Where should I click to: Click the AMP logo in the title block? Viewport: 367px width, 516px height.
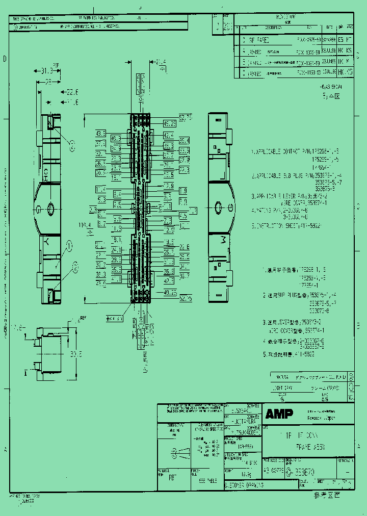pos(279,414)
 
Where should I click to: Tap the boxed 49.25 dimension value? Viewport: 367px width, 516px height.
pos(170,123)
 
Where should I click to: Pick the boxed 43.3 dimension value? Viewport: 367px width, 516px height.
pos(100,134)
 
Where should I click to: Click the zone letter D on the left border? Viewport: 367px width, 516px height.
pos(5,59)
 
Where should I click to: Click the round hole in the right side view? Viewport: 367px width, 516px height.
pos(218,208)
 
